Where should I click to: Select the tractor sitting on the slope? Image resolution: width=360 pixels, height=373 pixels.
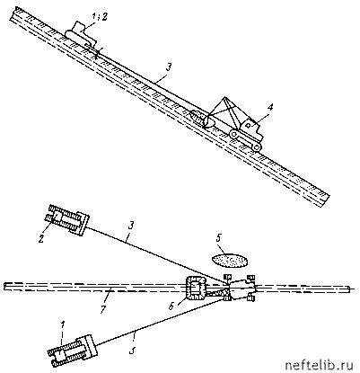point(81,33)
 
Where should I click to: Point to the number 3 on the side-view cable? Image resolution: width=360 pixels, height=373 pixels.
point(169,67)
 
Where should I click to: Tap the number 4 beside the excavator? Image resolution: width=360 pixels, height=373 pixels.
point(269,108)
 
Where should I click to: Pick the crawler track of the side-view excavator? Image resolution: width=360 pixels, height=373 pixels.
point(246,140)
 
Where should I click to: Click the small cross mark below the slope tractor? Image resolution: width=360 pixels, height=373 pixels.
point(97,54)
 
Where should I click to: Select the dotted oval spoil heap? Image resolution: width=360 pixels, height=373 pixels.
point(230,260)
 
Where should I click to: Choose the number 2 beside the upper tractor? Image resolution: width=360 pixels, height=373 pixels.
point(43,232)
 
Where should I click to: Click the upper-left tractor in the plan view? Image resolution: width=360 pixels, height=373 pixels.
point(67,219)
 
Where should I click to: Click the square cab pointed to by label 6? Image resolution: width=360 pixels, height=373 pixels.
point(196,288)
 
